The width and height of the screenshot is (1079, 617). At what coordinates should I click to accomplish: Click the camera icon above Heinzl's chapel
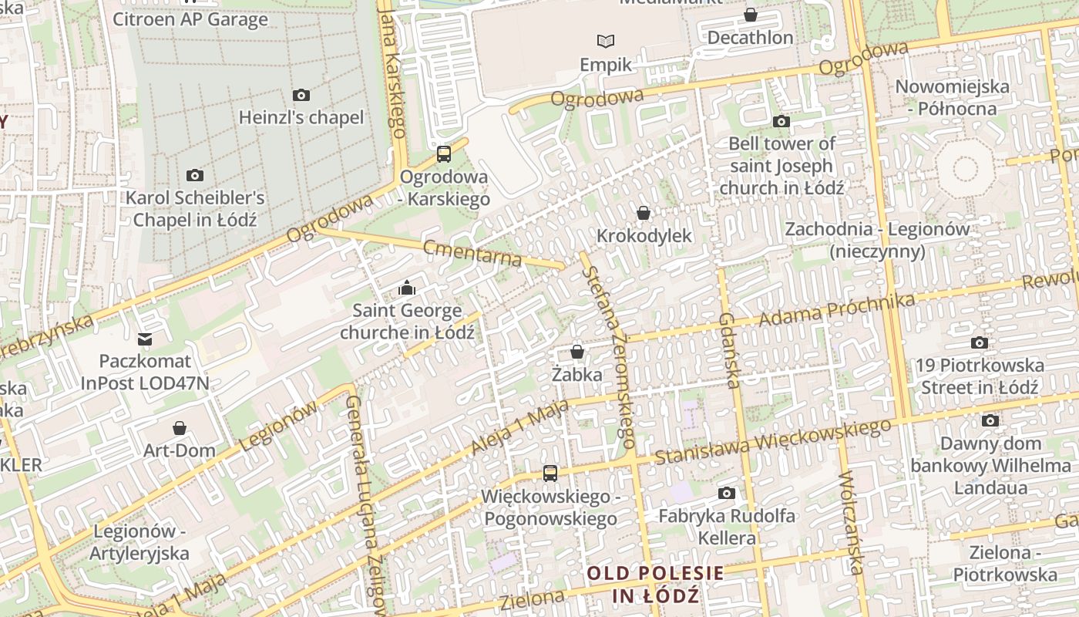(x=301, y=96)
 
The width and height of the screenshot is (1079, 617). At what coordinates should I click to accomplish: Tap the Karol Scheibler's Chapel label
(x=195, y=208)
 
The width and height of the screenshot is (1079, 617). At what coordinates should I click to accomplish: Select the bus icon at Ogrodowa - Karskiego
(x=444, y=153)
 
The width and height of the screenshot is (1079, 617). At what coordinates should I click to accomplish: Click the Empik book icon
(x=607, y=42)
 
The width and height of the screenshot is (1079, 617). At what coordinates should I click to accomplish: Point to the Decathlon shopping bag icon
(x=750, y=15)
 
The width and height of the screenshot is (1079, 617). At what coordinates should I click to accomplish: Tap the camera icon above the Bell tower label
(x=782, y=121)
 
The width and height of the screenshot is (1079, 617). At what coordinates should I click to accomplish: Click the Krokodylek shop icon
(x=644, y=213)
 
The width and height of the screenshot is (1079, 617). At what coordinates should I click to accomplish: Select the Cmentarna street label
(x=472, y=252)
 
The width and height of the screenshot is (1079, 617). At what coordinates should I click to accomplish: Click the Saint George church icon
(x=406, y=288)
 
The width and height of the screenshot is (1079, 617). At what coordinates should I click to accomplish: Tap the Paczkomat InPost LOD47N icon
(x=144, y=339)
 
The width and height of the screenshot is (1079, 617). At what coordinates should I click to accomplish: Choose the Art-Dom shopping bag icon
(x=180, y=428)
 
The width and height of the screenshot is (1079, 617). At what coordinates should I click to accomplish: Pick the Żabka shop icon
(x=576, y=352)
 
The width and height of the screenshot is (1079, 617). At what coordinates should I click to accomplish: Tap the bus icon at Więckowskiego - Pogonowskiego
(x=550, y=474)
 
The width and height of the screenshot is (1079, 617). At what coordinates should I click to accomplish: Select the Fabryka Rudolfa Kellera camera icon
(x=726, y=493)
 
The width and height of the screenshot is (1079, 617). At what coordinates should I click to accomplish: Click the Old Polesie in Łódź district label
(x=655, y=584)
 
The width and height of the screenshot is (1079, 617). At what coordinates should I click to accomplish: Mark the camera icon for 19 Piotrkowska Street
(x=980, y=343)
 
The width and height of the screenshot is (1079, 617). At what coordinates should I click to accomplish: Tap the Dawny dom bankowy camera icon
(x=990, y=420)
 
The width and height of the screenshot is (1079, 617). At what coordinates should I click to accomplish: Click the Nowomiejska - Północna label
(x=952, y=97)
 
